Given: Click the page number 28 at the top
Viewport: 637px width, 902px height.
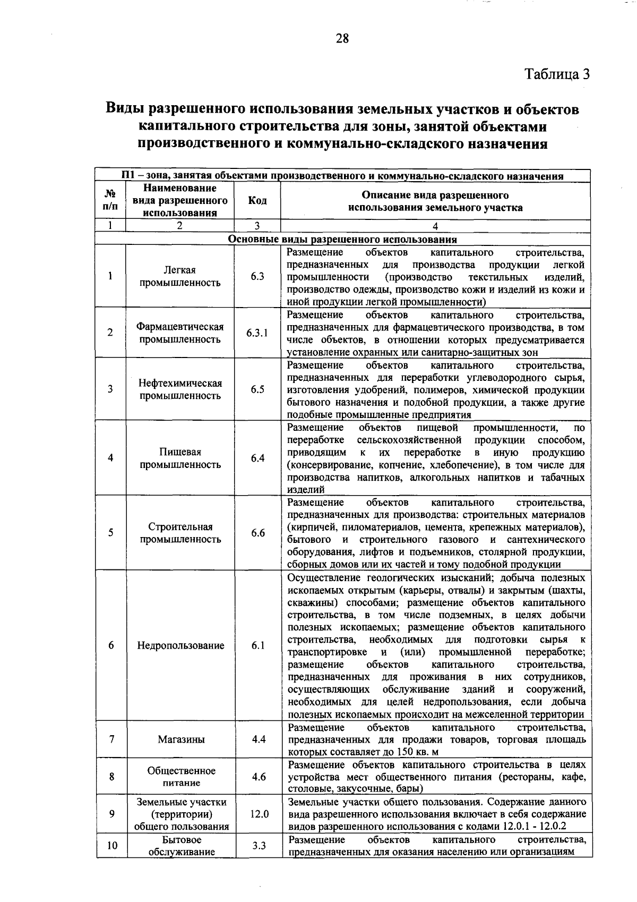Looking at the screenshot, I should [342, 38].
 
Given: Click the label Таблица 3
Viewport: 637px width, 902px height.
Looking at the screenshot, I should [557, 74].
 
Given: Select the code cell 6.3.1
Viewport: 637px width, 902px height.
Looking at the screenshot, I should [257, 333].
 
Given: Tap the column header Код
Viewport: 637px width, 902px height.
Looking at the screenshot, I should [257, 201].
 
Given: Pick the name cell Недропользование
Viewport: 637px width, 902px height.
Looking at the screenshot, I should [180, 645].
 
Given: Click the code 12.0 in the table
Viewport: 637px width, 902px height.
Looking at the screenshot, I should [259, 814].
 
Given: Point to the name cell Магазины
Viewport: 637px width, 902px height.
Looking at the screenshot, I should [181, 739].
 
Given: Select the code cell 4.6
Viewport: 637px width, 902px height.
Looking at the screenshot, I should [259, 777].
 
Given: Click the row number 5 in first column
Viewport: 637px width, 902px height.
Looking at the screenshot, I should [110, 533].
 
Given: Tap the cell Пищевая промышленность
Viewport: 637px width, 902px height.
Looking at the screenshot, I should [180, 458].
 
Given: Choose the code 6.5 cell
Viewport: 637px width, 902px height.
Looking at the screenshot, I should [257, 389].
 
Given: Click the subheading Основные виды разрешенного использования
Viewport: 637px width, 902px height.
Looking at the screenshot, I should [342, 240].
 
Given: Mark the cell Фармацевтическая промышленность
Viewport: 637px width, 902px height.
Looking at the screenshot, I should [180, 333].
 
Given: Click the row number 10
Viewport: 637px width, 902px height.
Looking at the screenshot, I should [111, 846].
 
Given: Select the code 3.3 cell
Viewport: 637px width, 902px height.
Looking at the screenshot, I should [259, 846].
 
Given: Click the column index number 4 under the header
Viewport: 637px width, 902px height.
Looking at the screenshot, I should [435, 225].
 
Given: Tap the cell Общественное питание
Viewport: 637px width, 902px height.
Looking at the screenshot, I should [181, 777].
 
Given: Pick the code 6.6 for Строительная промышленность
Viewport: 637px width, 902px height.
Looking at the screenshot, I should [258, 533].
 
